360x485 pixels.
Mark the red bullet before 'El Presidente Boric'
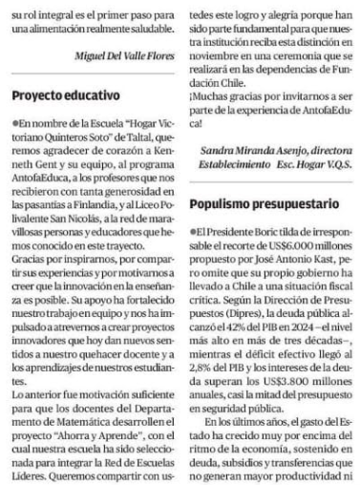coord(194,232)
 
